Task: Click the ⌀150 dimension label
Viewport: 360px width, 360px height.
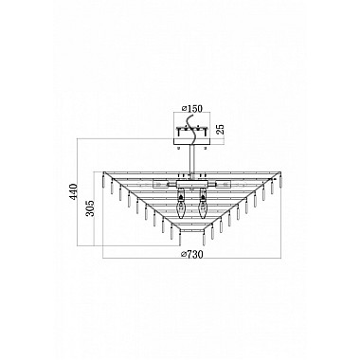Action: click(192, 108)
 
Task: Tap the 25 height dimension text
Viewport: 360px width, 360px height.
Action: click(221, 129)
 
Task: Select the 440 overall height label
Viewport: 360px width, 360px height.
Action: click(73, 191)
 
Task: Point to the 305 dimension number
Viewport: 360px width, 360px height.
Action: click(90, 208)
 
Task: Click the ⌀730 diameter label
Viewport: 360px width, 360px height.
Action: click(191, 254)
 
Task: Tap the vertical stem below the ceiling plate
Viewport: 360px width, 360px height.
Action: click(191, 160)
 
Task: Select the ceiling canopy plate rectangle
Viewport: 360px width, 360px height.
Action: click(191, 141)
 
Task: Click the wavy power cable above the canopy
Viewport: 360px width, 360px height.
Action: click(191, 130)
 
